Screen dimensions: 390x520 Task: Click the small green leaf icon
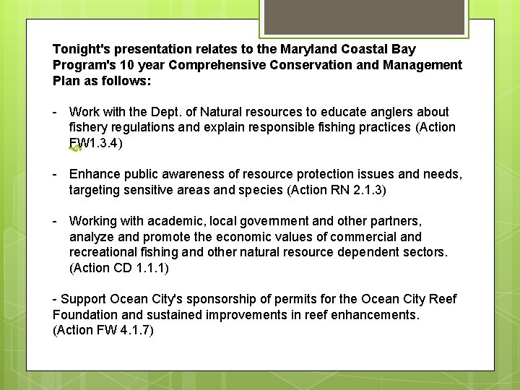tap(73, 149)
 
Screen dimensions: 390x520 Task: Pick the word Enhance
tap(94, 175)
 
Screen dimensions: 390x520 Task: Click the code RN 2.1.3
tap(357, 190)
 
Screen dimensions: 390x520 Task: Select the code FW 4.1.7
tap(124, 330)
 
